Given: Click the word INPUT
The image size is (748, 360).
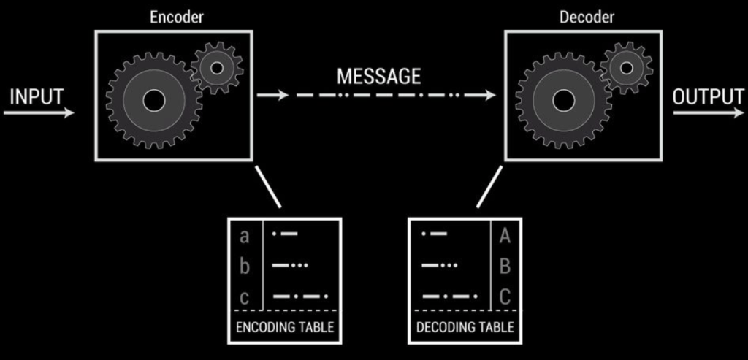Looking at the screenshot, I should [37, 96].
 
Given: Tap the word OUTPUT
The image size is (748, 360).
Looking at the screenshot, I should [708, 96].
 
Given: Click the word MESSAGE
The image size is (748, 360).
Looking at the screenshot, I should [378, 76].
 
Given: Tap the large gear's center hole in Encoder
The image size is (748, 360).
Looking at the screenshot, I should [153, 100].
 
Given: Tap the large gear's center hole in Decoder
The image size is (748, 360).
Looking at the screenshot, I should [563, 100].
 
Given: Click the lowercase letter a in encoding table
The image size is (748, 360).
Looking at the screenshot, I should [245, 236].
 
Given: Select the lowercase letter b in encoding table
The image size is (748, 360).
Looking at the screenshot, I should [245, 267].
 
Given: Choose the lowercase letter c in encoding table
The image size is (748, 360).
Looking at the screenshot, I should [245, 297].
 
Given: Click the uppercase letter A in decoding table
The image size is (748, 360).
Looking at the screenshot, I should [504, 236].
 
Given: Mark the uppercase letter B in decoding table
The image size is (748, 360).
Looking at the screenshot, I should [504, 267].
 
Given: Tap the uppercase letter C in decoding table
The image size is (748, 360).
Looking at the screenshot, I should [504, 297].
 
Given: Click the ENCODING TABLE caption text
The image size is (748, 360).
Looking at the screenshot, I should [284, 327].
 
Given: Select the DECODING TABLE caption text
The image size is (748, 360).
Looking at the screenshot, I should [465, 327].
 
